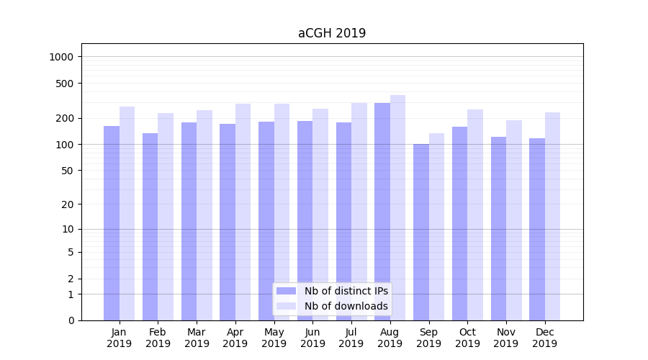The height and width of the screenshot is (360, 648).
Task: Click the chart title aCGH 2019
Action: coord(332,33)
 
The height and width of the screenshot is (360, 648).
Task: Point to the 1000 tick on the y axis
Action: coord(60,57)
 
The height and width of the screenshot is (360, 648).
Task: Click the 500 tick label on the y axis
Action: coord(63,84)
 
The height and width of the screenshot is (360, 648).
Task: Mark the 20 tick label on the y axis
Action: coord(66,204)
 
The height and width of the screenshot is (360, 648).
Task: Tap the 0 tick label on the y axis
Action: coord(70,320)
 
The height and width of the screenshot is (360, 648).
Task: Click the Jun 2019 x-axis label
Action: coord(312,338)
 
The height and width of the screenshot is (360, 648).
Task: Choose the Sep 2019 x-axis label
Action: coord(428,338)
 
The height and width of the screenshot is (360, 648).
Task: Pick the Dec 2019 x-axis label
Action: coord(544,338)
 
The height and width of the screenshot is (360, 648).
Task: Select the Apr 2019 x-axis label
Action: coord(235,338)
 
